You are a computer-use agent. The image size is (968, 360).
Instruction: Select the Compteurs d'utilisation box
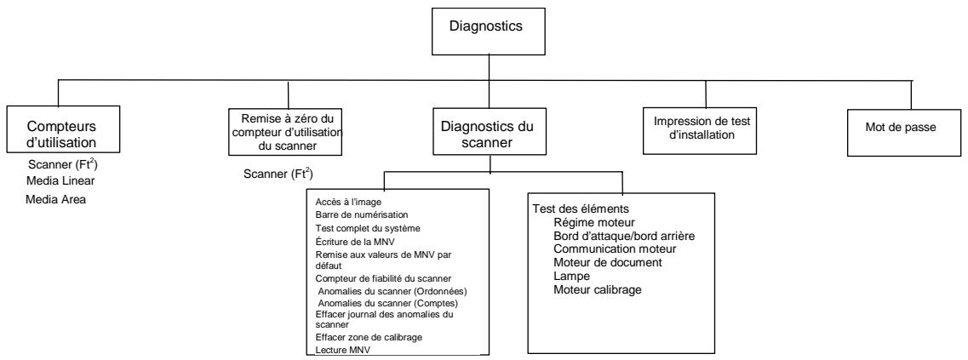[60, 131]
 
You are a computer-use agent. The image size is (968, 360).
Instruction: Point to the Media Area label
[61, 200]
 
